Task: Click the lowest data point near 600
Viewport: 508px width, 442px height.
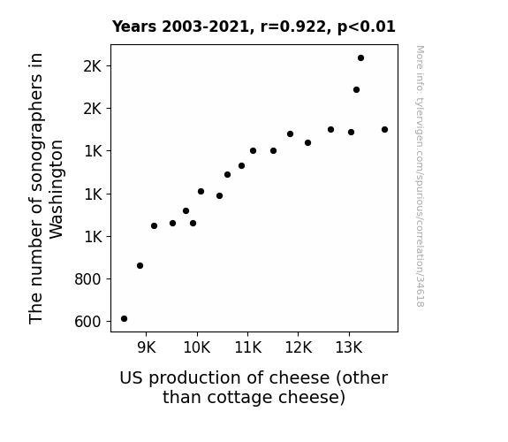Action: point(124,319)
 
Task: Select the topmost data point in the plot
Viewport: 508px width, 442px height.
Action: point(361,58)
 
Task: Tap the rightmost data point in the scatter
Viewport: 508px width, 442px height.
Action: point(385,130)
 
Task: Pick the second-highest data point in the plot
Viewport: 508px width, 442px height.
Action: point(356,90)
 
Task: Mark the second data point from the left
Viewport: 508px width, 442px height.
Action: point(140,266)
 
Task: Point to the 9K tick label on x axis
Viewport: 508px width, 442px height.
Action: point(147,347)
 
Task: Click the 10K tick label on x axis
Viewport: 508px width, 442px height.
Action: point(197,347)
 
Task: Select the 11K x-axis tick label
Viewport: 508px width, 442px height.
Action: point(248,347)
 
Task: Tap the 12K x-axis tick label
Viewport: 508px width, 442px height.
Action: point(299,347)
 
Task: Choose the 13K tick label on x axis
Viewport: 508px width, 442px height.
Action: point(349,347)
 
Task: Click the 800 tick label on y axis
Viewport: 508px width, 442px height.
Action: point(87,279)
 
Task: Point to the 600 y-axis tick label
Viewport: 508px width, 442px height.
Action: point(87,322)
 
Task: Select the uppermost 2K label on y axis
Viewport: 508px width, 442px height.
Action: point(93,66)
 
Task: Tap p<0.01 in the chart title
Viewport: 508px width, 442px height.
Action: point(367,27)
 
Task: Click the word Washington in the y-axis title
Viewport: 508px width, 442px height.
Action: point(56,189)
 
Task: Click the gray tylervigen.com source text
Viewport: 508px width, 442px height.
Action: point(420,176)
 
